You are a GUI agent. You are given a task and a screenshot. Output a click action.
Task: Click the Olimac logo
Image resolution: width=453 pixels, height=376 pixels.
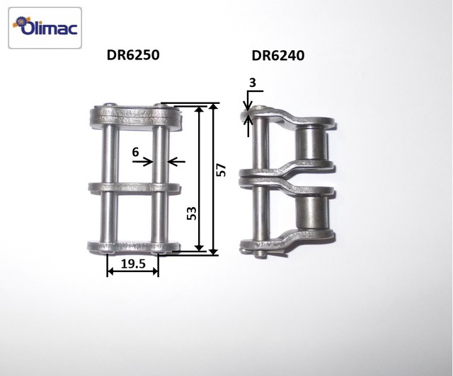[45, 28]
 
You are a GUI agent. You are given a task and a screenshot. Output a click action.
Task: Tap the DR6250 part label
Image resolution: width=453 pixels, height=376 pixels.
[133, 55]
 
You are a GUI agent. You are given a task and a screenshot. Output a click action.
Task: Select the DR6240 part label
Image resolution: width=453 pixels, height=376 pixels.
[278, 55]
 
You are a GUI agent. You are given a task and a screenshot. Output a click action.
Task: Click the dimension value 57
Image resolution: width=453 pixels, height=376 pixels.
[221, 170]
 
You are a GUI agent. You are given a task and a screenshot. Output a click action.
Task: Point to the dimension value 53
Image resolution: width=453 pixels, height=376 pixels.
[192, 213]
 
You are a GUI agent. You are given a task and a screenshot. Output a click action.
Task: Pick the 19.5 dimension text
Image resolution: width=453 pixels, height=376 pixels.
[133, 264]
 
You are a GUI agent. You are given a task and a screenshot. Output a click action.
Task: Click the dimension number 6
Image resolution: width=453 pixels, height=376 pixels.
[135, 152]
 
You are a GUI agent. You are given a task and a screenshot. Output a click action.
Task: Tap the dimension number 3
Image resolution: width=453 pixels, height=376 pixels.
[253, 83]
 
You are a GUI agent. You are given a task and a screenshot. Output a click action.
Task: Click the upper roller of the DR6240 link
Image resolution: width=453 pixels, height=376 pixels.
[311, 144]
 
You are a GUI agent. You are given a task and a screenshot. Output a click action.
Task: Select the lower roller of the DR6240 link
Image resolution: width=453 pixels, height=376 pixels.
[311, 212]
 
